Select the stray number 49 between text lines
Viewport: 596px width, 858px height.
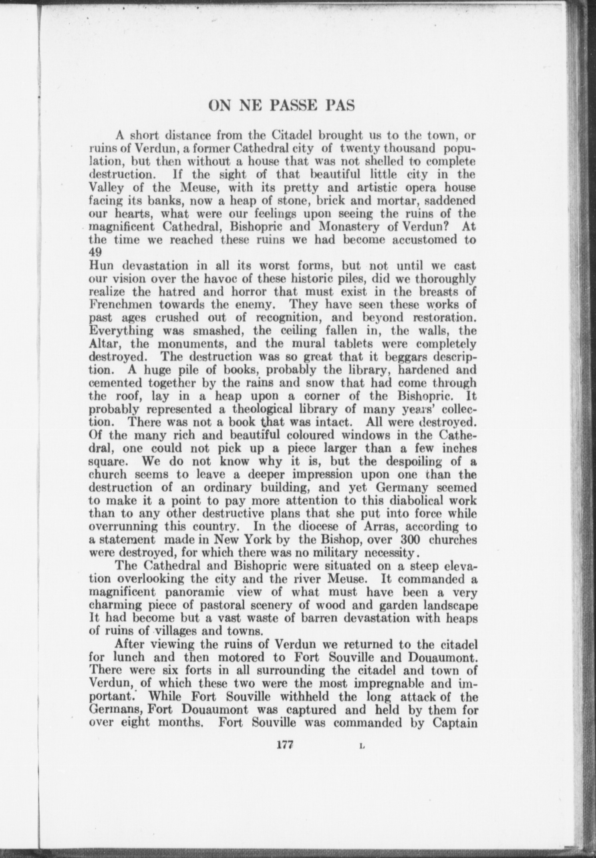pos(95,252)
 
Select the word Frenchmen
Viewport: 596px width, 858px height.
pos(119,304)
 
